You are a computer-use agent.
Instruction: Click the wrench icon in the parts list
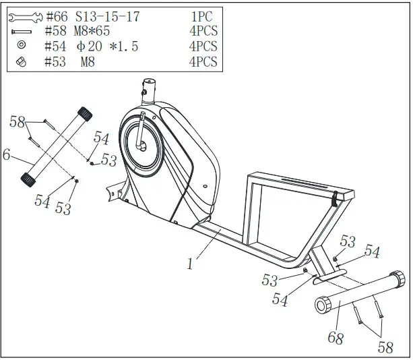[x=25, y=15]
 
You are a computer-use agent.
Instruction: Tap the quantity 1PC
[x=200, y=16]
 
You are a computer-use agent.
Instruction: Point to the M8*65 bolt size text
[x=92, y=31]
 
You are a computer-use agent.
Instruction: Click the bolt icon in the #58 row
[x=22, y=32]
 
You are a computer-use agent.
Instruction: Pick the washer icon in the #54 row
[x=22, y=46]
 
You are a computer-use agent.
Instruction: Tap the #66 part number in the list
[x=58, y=16]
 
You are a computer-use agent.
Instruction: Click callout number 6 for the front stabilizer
[x=6, y=155]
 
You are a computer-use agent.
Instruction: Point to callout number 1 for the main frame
[x=191, y=264]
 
